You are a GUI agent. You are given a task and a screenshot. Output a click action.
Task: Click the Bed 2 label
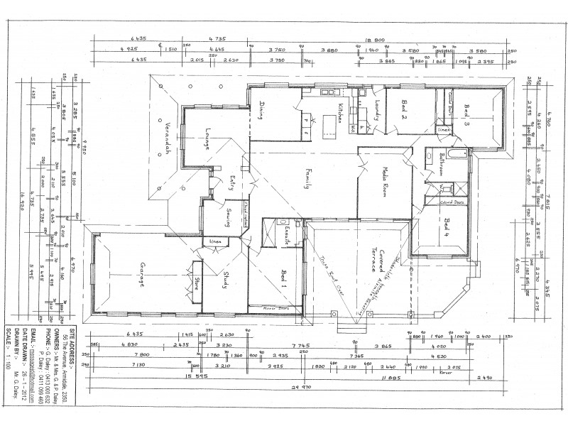402,110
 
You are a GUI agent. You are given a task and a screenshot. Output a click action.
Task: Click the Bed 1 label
283,278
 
